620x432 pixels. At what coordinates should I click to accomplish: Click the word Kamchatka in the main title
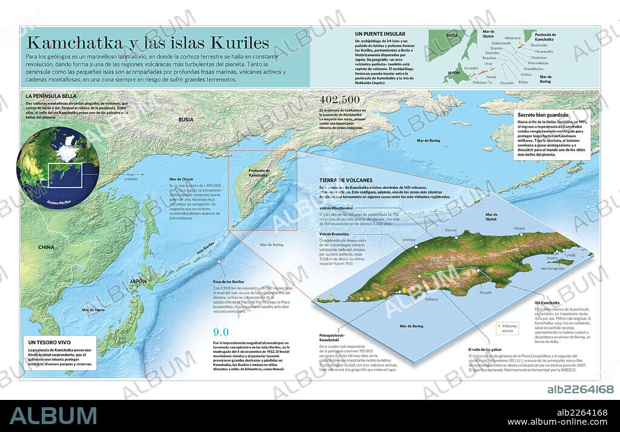pyautogui.click(x=73, y=43)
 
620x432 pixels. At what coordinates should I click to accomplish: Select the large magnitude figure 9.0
pyautogui.click(x=221, y=332)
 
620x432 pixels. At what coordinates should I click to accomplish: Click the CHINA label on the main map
pyautogui.click(x=45, y=247)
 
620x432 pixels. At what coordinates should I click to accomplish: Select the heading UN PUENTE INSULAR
pyautogui.click(x=380, y=34)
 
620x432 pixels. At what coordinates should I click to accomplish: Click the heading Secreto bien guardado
pyautogui.click(x=542, y=114)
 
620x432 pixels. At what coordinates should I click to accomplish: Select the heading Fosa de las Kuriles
pyautogui.click(x=229, y=282)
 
